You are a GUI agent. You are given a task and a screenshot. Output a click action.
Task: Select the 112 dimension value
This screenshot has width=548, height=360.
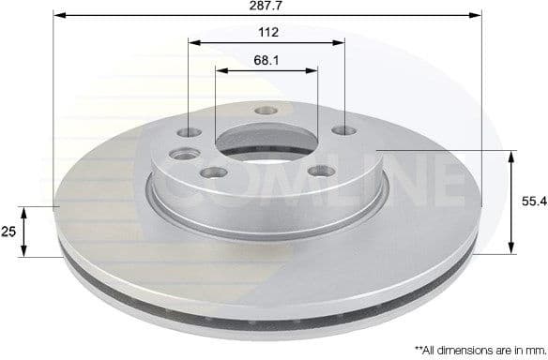[266, 33]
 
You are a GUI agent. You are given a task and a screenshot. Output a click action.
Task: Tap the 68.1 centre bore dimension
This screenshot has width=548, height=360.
[266, 61]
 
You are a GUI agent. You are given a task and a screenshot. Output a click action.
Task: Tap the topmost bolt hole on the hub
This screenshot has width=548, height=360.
[264, 111]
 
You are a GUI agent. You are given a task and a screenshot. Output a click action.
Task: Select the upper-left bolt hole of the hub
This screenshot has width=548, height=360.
[193, 132]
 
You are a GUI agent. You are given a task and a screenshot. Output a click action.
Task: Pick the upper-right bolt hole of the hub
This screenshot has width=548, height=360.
[344, 130]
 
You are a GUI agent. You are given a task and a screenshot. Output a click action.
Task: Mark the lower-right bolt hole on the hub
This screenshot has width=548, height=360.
[321, 172]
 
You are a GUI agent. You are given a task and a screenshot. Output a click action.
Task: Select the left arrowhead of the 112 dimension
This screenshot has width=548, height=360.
[192, 41]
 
